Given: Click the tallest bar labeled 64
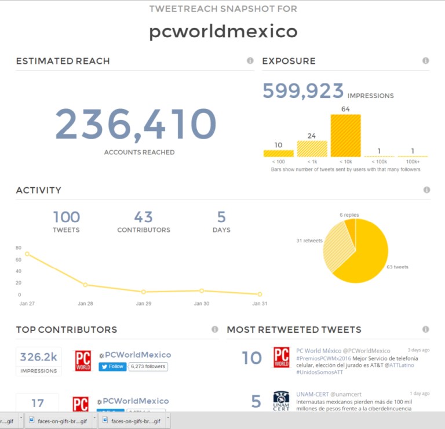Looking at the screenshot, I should (345, 136).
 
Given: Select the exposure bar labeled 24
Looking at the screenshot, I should (312, 149).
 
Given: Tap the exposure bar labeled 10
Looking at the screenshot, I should (278, 154).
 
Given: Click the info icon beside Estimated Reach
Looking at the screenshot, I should (250, 60).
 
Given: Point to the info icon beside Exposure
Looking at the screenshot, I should (425, 60).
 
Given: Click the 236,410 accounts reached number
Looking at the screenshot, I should (136, 124).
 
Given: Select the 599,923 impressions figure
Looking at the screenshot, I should (303, 91).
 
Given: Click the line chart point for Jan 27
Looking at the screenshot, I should (27, 254).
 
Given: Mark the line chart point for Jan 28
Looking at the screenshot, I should (85, 285).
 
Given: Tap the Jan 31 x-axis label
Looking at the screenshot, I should (260, 303).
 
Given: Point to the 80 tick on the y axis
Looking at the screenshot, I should (19, 248).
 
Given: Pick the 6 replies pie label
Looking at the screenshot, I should (349, 215).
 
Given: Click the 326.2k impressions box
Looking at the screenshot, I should (39, 361).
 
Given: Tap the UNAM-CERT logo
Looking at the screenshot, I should (281, 401).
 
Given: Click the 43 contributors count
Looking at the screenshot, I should (143, 217).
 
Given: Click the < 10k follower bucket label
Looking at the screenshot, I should (345, 162).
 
